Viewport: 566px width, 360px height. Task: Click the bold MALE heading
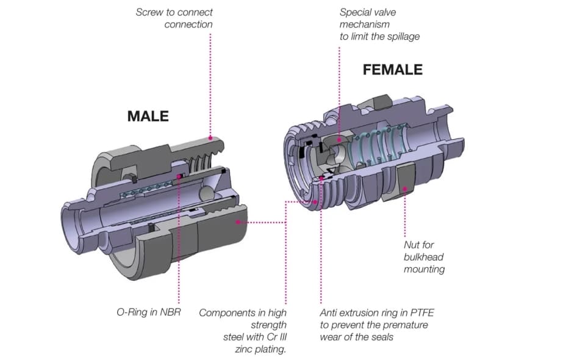[147, 116]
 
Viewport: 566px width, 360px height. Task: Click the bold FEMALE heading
[392, 70]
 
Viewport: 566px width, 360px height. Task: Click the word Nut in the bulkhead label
[412, 245]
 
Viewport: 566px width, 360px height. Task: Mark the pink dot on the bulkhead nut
[404, 189]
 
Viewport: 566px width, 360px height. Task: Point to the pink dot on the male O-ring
[179, 177]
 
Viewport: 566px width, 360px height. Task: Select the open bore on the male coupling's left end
[72, 223]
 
